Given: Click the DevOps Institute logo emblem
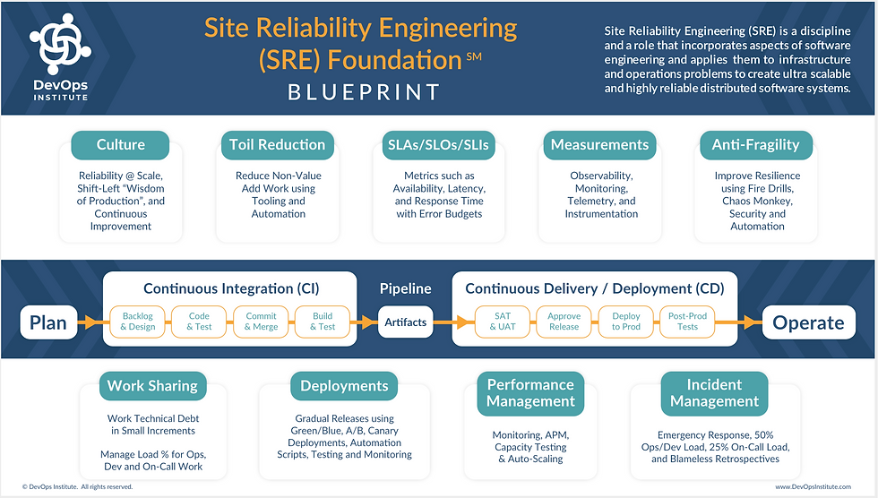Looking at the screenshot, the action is coord(61,44).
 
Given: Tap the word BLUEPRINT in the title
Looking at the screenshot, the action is coord(364,92).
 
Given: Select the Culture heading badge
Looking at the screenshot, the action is coord(120,145).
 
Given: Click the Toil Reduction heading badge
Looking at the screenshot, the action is coord(277,145).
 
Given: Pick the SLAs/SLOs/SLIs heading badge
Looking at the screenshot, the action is coord(438,145).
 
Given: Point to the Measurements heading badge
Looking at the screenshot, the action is coord(599,145).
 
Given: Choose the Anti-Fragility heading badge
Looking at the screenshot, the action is coord(756,145).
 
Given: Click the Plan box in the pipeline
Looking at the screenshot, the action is coord(48,322).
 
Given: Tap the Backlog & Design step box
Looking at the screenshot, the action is coord(138,322).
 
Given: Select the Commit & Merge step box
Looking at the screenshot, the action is coord(261,322).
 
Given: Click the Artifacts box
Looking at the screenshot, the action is coord(405,322).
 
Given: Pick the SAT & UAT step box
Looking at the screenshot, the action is coord(503,322).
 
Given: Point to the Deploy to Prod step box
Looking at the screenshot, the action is coord(626,322).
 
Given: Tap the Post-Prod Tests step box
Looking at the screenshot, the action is coord(688,322).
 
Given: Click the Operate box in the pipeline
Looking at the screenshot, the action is coord(808,322).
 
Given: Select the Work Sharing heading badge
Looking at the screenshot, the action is coord(153,386).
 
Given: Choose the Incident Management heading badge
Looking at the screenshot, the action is coord(715,393).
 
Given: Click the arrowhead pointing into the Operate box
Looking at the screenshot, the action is coord(753,322).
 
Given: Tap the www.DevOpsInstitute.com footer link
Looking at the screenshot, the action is coord(813,487).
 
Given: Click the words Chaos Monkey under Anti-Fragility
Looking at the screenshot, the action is coord(758,201).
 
